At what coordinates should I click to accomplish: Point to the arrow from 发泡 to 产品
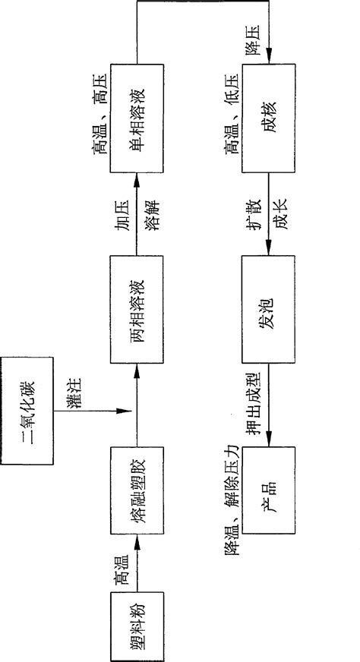pyautogui.click(x=270, y=399)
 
